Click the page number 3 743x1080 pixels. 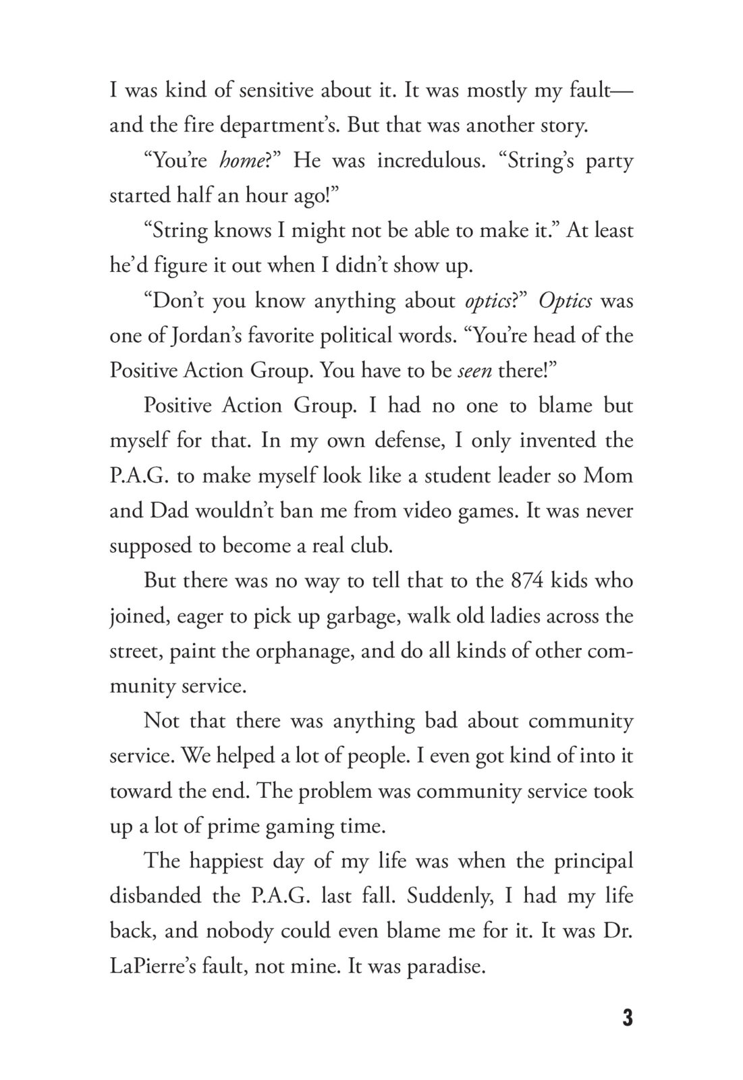coord(627,1018)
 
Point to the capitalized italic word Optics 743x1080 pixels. coord(565,300)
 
